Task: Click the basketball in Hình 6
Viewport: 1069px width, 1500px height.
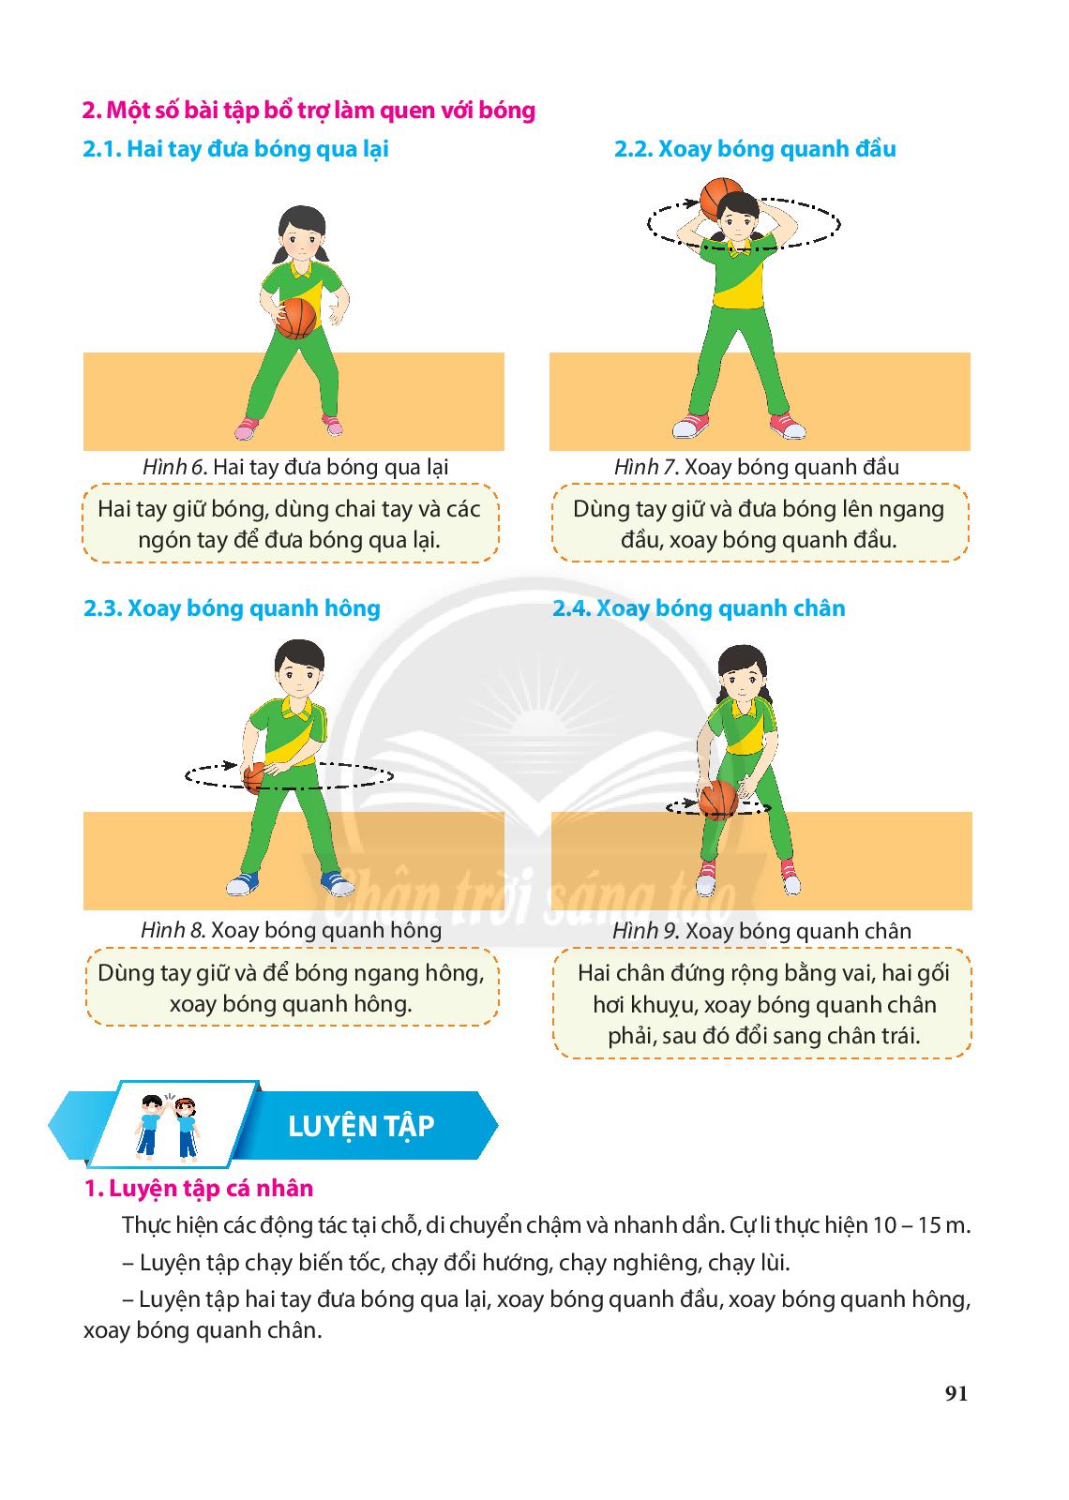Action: [296, 318]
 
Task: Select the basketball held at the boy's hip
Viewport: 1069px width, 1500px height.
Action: [255, 778]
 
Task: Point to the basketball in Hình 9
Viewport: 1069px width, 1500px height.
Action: [718, 800]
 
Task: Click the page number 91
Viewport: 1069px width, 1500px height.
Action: [956, 1393]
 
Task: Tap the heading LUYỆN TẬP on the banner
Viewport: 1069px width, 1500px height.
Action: [361, 1126]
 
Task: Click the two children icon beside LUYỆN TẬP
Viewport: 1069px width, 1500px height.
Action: [168, 1126]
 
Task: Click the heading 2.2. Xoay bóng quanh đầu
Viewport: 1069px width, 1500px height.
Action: [755, 149]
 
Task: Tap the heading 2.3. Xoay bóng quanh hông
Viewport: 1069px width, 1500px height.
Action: [232, 608]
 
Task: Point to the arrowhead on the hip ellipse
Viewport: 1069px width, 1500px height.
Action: [230, 765]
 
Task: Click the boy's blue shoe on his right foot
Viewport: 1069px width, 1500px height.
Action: [242, 884]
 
